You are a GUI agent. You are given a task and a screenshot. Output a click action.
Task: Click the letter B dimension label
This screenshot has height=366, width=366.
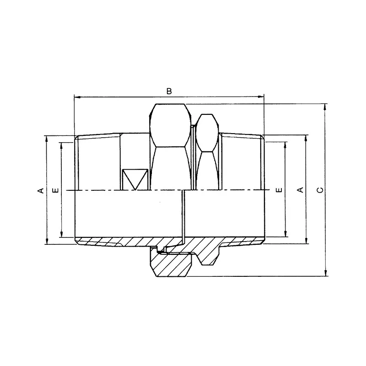169,91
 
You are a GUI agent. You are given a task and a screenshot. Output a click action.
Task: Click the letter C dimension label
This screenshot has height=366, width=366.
321,190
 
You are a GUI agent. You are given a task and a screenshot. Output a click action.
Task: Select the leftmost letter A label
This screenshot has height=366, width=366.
41,190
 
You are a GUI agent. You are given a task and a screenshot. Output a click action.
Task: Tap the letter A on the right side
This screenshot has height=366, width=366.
301,190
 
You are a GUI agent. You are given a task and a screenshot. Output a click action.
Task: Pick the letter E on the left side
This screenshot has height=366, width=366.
56,190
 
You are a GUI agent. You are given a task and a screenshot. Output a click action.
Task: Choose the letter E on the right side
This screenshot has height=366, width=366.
279,190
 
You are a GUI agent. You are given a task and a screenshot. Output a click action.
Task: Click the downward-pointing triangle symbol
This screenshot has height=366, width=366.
135,179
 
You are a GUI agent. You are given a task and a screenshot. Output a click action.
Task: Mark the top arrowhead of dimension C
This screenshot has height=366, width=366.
326,107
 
